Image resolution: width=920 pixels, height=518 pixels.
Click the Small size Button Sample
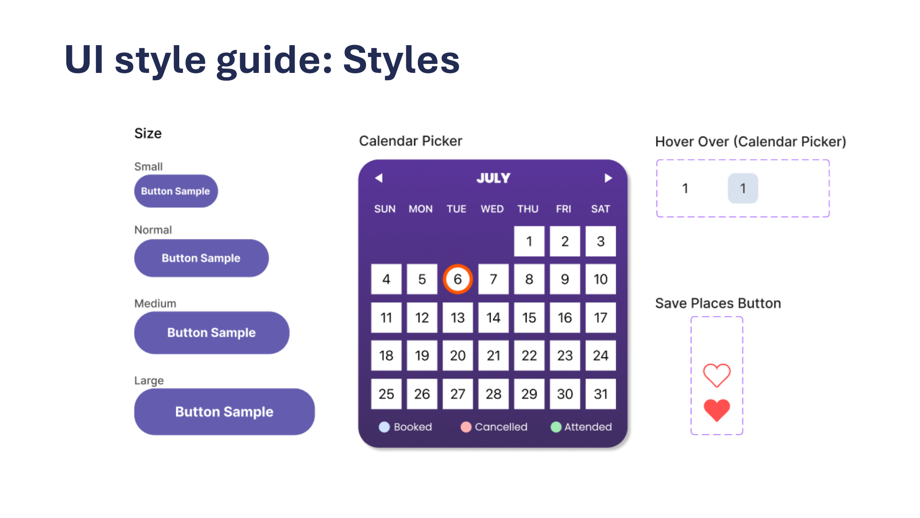176,191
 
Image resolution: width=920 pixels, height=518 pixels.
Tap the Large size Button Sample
224,412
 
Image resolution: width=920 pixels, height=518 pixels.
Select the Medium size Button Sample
212,332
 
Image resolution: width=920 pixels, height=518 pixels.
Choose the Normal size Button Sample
201,258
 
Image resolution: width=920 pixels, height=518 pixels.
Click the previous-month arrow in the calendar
379,178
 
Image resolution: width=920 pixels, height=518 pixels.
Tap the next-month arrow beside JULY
608,178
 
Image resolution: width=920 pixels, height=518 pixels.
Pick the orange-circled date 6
458,279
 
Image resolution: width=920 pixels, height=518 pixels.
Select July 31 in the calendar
600,394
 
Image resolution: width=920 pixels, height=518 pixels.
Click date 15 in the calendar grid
529,318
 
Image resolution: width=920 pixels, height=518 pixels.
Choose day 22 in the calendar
529,355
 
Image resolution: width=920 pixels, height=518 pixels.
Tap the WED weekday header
492,209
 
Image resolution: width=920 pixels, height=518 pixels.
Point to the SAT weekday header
600,209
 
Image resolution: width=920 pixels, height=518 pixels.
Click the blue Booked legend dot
384,427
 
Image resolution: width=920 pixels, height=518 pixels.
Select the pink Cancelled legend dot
466,427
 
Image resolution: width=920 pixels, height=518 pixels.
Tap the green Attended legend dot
556,427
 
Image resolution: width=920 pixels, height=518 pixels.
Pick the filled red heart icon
717,410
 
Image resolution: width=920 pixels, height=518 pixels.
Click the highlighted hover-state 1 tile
743,188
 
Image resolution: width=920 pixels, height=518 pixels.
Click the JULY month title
494,178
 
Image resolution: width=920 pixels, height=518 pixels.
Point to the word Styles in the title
402,60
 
